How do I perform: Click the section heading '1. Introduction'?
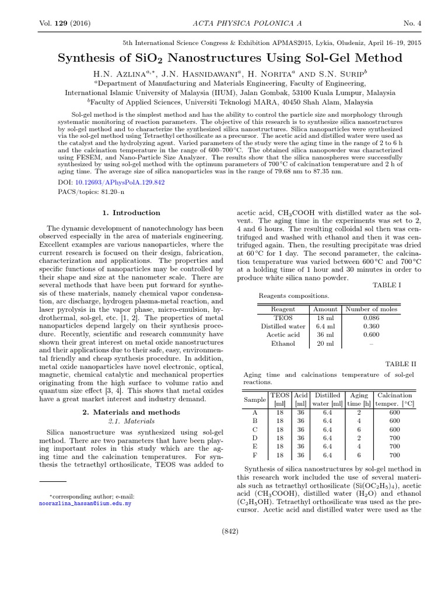pyautogui.click(x=131, y=213)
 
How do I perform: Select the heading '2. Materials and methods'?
pyautogui.click(x=131, y=412)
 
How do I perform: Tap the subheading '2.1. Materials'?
pyautogui.click(x=131, y=420)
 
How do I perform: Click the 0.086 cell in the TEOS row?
pyautogui.click(x=371, y=318)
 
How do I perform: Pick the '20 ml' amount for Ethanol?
pyautogui.click(x=325, y=343)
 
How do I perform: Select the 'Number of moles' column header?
pyautogui.click(x=371, y=309)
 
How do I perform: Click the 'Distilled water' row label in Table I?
pyautogui.click(x=283, y=326)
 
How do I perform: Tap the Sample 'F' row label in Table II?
pyautogui.click(x=254, y=455)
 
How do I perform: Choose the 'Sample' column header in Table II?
pyautogui.click(x=254, y=399)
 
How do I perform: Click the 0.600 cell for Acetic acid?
pyautogui.click(x=371, y=335)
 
